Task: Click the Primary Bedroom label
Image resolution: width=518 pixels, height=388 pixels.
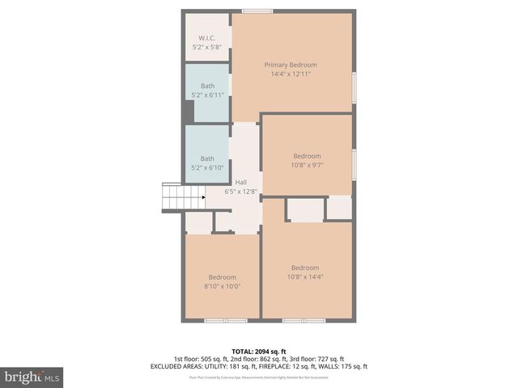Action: (291, 65)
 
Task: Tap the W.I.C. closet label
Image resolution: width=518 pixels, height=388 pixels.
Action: (207, 39)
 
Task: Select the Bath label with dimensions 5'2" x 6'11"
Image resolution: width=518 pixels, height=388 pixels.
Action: (208, 86)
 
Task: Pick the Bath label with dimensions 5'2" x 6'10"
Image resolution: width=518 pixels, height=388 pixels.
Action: (208, 158)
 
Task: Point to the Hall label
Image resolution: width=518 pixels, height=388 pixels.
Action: (241, 183)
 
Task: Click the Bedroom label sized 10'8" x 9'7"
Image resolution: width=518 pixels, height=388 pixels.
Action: (307, 156)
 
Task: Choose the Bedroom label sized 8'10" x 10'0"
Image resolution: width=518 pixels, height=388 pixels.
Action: (222, 277)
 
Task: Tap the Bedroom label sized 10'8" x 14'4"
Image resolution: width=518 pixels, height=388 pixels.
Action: (305, 268)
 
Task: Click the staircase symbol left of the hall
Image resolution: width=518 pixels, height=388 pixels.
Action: (182, 197)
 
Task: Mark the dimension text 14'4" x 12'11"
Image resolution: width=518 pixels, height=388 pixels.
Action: (291, 74)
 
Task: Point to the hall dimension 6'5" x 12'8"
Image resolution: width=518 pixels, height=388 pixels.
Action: (241, 192)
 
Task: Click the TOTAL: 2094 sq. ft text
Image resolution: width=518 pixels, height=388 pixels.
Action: (259, 352)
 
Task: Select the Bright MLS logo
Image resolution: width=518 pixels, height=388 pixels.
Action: (32, 377)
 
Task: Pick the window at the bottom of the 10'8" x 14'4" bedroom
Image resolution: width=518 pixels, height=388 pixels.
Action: (304, 321)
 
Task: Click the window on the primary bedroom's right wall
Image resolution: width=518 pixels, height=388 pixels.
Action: (355, 86)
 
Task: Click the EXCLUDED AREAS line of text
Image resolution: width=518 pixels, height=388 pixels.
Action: (259, 366)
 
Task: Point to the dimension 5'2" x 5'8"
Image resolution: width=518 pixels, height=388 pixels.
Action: (207, 48)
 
